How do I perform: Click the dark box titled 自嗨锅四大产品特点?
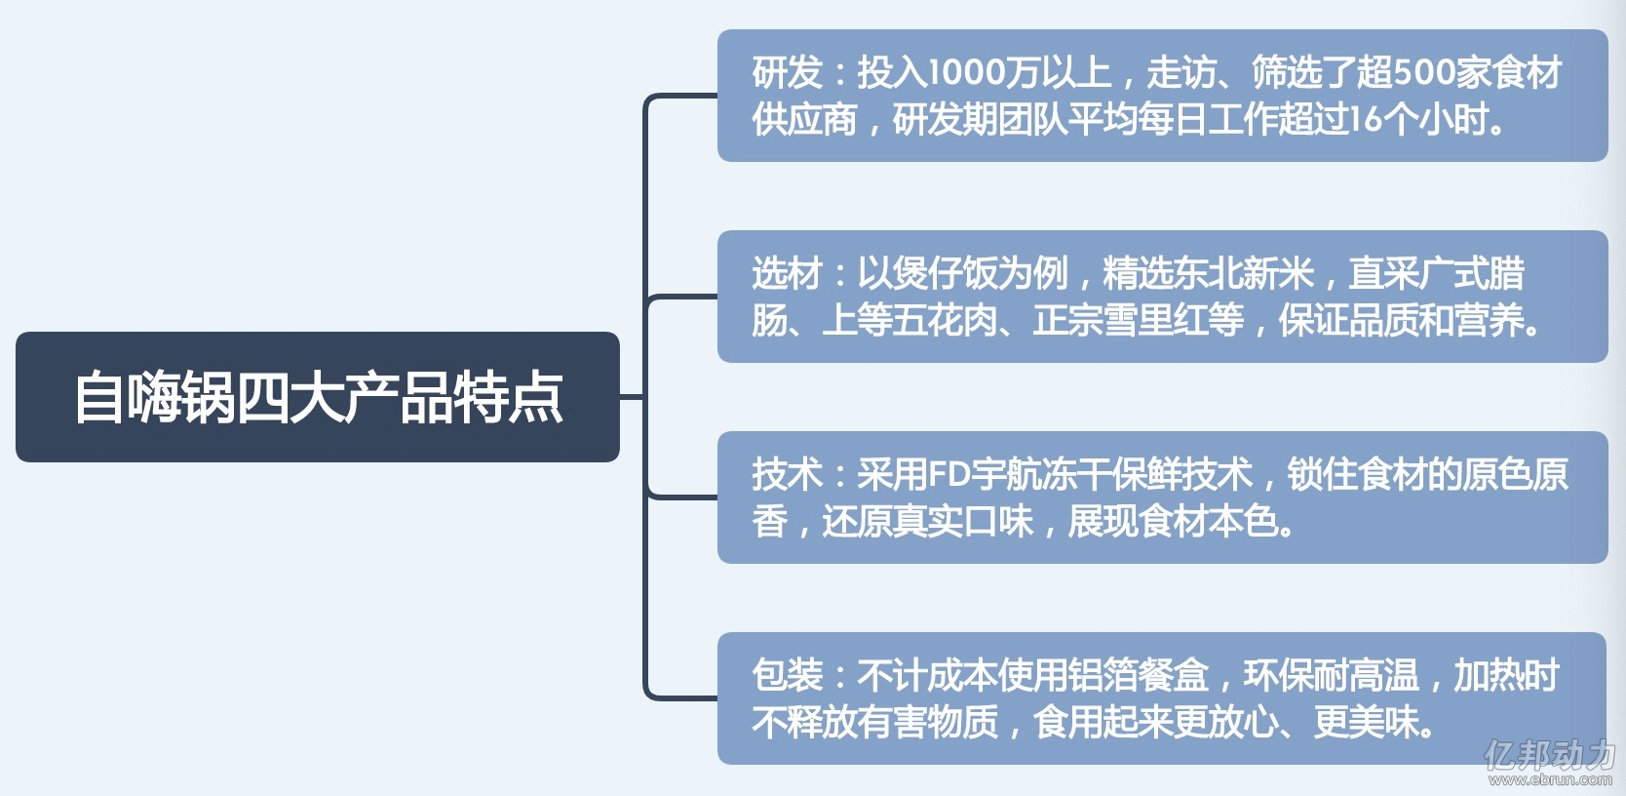tap(317, 397)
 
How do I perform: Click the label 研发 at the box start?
tap(787, 72)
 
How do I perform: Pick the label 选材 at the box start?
tap(787, 274)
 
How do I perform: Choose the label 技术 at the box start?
tap(787, 475)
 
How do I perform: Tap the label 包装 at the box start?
tap(787, 676)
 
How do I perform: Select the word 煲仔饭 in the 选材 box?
tap(945, 274)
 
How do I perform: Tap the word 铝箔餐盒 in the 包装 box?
tap(1139, 676)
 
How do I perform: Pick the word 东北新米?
tap(1243, 274)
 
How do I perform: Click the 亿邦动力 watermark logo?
tap(1549, 755)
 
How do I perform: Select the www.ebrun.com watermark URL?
tap(1550, 780)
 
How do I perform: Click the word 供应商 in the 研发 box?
tap(804, 120)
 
